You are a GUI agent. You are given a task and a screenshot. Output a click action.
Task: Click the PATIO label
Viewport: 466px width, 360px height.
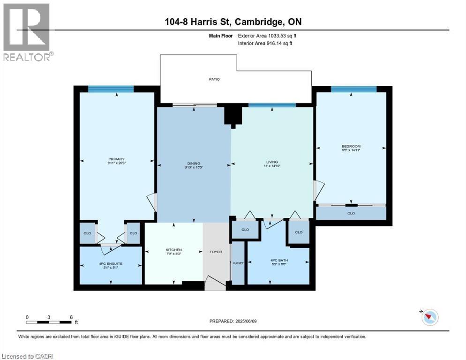click(215, 79)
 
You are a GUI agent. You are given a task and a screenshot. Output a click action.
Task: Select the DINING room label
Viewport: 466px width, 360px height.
click(194, 165)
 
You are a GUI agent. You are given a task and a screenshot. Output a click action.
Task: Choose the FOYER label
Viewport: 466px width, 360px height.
click(215, 252)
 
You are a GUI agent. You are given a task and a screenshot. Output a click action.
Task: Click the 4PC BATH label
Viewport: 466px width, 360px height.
click(278, 261)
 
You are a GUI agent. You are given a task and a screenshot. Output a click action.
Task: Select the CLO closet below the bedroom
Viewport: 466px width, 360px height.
click(351, 213)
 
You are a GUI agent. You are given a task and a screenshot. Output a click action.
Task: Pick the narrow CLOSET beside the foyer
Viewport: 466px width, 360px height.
click(238, 263)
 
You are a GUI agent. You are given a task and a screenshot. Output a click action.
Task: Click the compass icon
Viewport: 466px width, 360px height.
click(429, 317)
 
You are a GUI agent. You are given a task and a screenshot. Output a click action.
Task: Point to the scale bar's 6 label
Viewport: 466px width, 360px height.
click(71, 317)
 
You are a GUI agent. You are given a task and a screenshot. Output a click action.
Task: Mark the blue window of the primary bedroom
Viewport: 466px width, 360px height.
click(111, 89)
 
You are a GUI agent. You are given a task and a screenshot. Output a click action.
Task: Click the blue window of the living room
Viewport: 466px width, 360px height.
click(272, 105)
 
